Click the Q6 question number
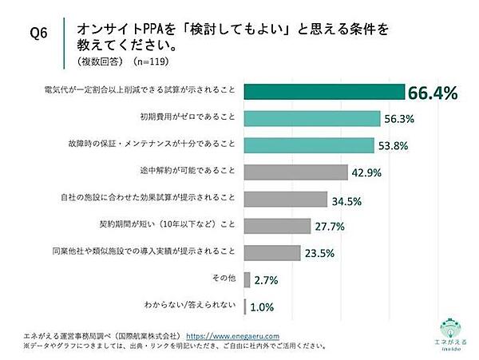38,34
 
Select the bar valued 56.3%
310,119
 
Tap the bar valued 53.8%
307,145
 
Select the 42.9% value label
364,172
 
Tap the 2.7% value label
265,280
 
